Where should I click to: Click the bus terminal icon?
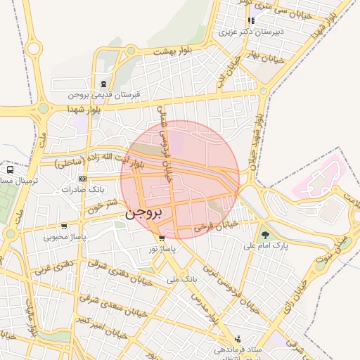pyautogui.click(x=10, y=170)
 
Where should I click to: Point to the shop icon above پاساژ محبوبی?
pyautogui.click(x=64, y=226)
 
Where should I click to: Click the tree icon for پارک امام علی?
pyautogui.click(x=265, y=236)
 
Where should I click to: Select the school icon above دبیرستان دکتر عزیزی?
pyautogui.click(x=251, y=20)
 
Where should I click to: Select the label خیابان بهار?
pyautogui.click(x=265, y=53)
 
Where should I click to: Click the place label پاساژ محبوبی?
pyautogui.click(x=65, y=237)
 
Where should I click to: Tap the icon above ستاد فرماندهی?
pyautogui.click(x=238, y=338)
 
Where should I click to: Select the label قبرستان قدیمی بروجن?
pyautogui.click(x=105, y=94)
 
